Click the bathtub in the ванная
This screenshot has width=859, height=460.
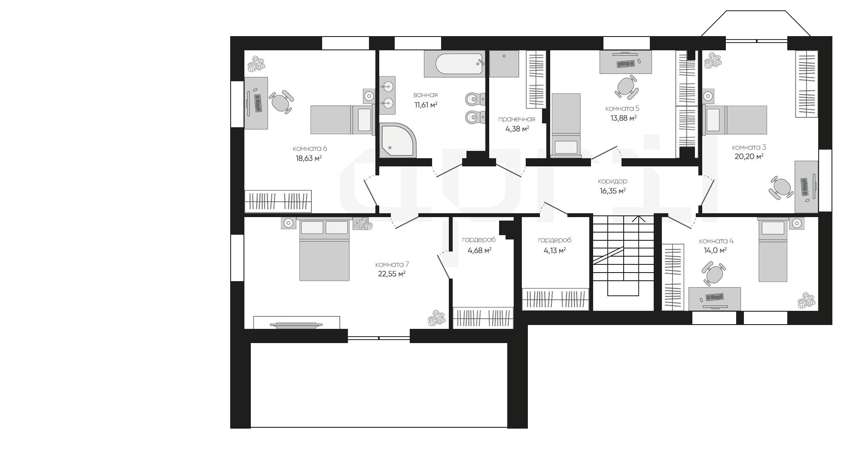click(454, 64)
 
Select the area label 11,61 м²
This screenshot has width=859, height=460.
click(426, 104)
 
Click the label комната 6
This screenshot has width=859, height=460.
click(310, 148)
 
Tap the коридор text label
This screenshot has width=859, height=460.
click(612, 181)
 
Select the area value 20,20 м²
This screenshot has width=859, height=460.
click(749, 156)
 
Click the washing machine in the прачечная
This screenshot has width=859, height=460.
click(504, 64)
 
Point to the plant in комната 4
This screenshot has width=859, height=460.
click(807, 301)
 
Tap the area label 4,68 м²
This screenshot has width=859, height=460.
click(479, 250)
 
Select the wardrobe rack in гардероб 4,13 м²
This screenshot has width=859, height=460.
click(555, 299)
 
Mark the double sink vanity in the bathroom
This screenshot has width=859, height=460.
click(387, 95)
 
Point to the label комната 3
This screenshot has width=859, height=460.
click(749, 147)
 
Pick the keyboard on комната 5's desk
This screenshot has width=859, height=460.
click(625, 64)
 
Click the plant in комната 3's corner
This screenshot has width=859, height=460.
click(713, 60)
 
